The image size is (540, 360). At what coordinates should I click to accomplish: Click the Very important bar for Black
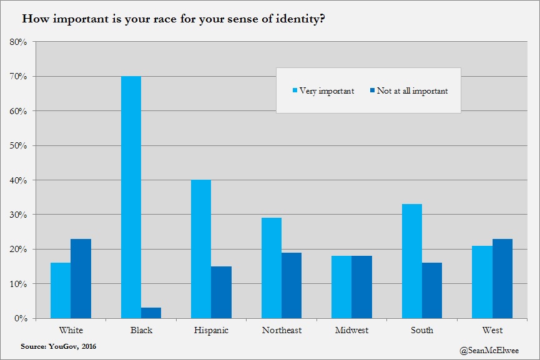[131, 197]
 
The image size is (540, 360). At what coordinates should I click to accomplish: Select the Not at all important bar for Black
[151, 313]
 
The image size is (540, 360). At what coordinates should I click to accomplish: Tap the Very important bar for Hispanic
[201, 249]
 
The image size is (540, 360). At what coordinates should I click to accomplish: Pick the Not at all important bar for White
[81, 278]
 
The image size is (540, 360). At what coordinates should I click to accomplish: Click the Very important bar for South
[412, 261]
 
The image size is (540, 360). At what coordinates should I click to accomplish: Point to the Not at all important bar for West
[503, 278]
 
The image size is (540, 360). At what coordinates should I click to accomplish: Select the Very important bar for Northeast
[272, 268]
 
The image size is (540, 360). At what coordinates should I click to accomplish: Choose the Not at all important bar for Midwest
[362, 287]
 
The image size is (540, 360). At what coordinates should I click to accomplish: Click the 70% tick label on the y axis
[18, 77]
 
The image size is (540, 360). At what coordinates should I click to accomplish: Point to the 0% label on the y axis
[21, 318]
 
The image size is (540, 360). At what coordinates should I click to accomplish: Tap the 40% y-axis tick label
[18, 180]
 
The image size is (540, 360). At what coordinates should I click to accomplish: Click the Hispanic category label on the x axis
[211, 330]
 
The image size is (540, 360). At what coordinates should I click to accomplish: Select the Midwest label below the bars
[352, 330]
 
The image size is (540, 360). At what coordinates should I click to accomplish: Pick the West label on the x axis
[493, 330]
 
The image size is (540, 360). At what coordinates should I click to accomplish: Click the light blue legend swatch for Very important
[295, 91]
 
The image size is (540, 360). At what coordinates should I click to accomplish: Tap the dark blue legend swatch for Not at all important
[372, 91]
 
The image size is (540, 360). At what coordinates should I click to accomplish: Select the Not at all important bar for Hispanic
[221, 292]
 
